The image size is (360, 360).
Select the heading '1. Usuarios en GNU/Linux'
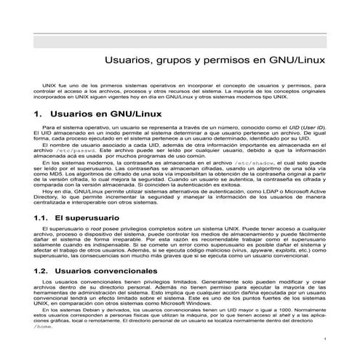pyautogui.click(x=89, y=115)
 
